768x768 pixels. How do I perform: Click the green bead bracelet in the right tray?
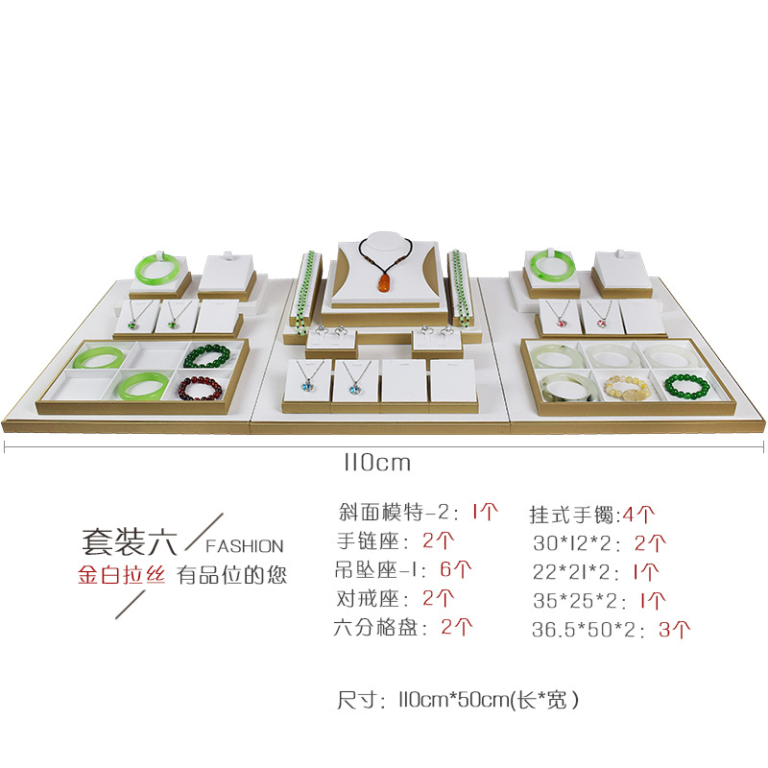coord(685,386)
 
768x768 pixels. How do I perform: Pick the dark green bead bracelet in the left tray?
coord(206,359)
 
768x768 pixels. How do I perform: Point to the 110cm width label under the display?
coord(376,463)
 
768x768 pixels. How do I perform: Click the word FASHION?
coord(244,546)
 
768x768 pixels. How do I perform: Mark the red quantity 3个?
coord(674,631)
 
